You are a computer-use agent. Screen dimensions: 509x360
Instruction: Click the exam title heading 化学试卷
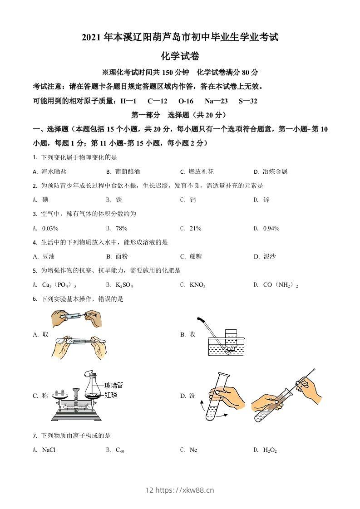(180, 56)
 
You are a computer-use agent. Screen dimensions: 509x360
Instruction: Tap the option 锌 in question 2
(266, 200)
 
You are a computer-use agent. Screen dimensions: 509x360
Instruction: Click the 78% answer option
(121, 228)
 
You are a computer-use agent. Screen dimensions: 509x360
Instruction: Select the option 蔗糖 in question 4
(196, 256)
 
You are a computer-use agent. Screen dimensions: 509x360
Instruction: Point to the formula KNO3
(197, 285)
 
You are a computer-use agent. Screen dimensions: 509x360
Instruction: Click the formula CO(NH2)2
(281, 285)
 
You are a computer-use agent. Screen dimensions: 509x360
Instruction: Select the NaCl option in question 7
(49, 450)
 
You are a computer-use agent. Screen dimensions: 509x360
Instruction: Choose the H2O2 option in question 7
(270, 450)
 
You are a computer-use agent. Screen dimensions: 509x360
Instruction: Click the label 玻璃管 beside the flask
(113, 386)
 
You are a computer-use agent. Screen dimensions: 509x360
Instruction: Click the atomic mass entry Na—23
(216, 101)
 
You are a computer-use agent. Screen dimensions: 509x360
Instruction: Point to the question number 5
(35, 271)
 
